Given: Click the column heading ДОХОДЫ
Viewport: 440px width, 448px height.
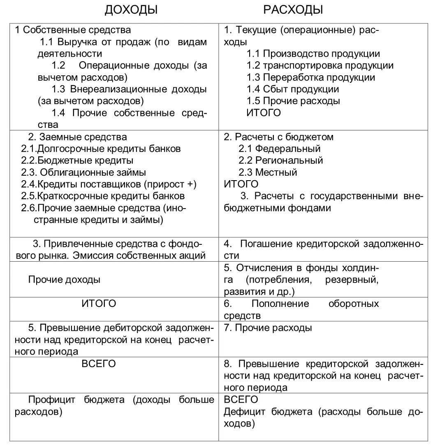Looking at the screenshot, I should (x=131, y=10).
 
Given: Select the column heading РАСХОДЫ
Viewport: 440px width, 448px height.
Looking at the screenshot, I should (x=293, y=10).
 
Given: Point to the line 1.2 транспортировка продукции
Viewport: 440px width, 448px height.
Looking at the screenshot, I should (x=320, y=66).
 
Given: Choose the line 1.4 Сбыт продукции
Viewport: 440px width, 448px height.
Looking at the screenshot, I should (x=292, y=89).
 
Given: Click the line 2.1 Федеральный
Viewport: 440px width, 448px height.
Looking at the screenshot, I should (x=279, y=149).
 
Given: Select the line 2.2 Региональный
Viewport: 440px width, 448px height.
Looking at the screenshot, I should (x=280, y=160).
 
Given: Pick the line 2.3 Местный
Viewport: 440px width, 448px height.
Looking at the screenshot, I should (x=268, y=172).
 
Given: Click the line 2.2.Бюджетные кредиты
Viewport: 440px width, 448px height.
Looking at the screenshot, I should (x=77, y=161).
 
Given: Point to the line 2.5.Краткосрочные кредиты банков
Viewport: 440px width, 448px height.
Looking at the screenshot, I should (x=103, y=196).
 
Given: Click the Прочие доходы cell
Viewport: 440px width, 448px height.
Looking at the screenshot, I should (x=64, y=280).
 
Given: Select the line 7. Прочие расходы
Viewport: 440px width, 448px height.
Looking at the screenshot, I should (x=268, y=328).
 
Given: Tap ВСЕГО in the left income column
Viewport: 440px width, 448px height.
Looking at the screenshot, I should (x=99, y=364).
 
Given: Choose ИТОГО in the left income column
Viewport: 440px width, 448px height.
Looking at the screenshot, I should (x=99, y=304).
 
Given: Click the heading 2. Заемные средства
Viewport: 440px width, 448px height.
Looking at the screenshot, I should (x=77, y=137).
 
